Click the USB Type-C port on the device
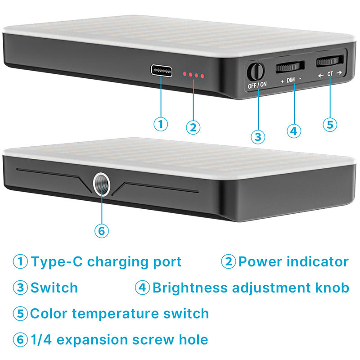tap(162, 71)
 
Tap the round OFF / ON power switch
tap(256, 72)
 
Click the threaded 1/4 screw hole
tap(102, 185)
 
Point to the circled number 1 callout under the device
tap(161, 124)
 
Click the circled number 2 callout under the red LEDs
tap(193, 127)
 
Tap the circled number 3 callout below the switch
tap(258, 137)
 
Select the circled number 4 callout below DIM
tap(294, 131)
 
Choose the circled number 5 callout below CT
tap(330, 125)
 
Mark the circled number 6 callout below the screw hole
tap(102, 231)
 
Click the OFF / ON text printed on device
tap(257, 85)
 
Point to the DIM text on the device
tap(291, 80)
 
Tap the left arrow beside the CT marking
tap(321, 75)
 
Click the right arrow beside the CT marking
tap(339, 72)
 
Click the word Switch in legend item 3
tap(54, 288)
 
